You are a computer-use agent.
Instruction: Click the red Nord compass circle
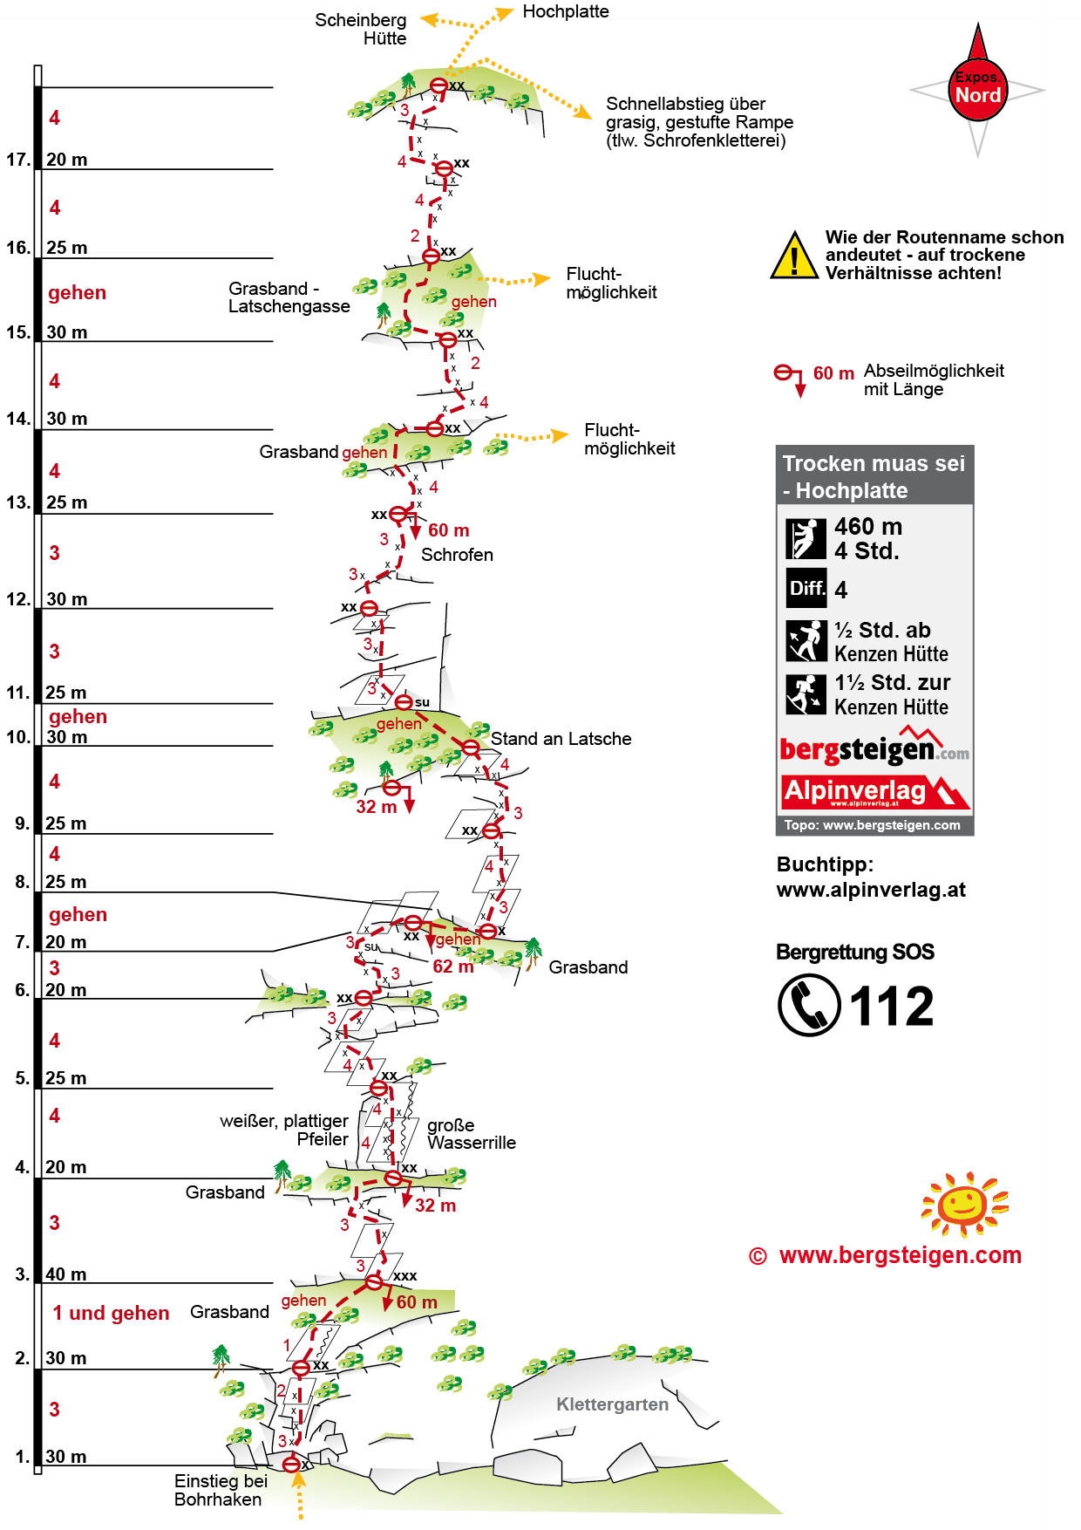click(977, 90)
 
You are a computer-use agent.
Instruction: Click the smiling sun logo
click(964, 1205)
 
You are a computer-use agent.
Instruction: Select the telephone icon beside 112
click(808, 1005)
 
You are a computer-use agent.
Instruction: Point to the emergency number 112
click(891, 1007)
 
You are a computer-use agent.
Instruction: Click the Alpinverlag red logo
click(874, 792)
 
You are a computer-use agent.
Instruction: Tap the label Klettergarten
click(612, 1404)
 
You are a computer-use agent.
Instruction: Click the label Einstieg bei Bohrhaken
click(220, 1490)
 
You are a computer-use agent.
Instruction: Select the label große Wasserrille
click(471, 1134)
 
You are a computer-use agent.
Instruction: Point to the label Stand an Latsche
click(561, 739)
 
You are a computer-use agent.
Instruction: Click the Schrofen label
click(457, 555)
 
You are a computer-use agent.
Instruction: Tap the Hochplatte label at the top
click(566, 11)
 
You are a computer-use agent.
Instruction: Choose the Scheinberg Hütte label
click(361, 29)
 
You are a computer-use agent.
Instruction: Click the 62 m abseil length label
click(453, 966)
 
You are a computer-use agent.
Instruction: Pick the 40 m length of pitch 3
click(66, 1274)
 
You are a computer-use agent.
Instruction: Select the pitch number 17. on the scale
click(18, 160)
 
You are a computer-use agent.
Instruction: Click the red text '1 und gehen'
click(111, 1313)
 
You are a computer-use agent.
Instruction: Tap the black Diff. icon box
click(806, 588)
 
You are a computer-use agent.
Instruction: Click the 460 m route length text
click(867, 527)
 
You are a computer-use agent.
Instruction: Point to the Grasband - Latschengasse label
click(289, 297)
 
